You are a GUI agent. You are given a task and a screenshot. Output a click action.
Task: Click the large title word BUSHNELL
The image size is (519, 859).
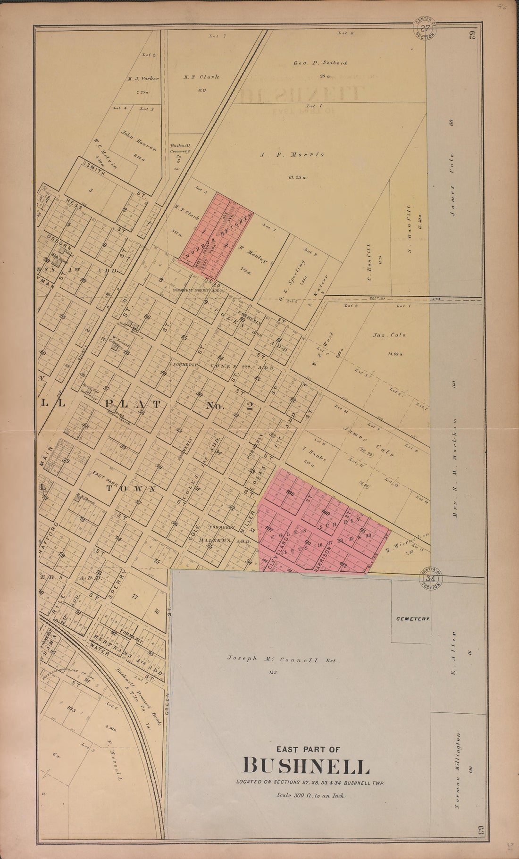tap(306, 766)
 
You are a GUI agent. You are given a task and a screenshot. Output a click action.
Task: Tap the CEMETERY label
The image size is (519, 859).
tap(412, 618)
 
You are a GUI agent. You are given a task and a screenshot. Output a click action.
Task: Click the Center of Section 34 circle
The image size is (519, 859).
tap(430, 578)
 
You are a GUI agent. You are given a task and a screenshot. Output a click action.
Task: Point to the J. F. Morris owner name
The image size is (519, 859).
tap(292, 154)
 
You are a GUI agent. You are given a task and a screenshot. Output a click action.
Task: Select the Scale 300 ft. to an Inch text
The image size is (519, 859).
tap(311, 795)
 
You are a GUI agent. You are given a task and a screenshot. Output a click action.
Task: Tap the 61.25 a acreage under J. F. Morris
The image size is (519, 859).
tap(297, 178)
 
